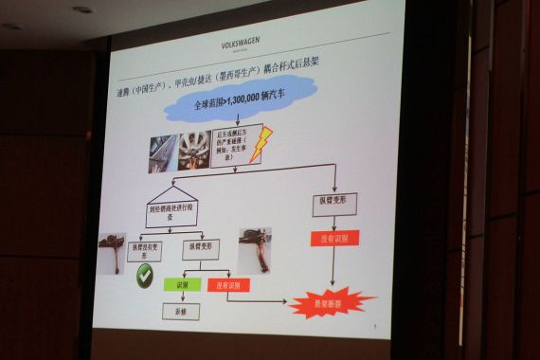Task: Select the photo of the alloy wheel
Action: [195, 150]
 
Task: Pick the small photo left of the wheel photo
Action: [162, 153]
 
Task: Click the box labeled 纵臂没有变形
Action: [145, 249]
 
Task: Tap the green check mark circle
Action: [145, 277]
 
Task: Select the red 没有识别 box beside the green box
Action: [228, 283]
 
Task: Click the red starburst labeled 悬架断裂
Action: [331, 302]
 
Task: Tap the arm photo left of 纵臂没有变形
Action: [112, 252]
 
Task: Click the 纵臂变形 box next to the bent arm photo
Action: [201, 248]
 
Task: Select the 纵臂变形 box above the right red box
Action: [334, 204]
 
